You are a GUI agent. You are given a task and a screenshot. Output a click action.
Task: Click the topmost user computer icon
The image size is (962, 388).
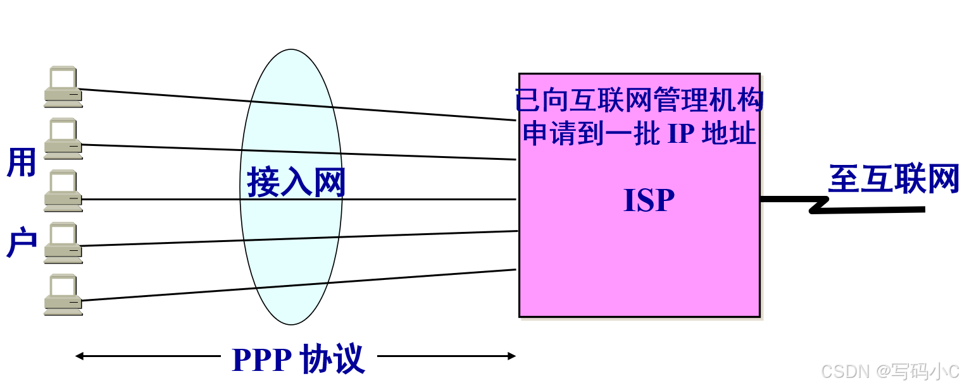point(63,86)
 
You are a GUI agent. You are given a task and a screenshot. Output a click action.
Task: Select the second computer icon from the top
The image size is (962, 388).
point(63,138)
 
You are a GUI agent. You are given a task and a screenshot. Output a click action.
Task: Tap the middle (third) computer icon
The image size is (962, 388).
point(63,190)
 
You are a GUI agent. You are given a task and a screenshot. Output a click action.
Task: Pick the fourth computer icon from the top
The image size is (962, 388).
point(63,243)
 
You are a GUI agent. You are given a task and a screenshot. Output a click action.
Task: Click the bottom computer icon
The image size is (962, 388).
point(63,294)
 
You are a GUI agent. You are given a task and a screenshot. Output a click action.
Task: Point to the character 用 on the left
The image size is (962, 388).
point(21,162)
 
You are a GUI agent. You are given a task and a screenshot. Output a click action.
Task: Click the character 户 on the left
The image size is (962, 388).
point(21,243)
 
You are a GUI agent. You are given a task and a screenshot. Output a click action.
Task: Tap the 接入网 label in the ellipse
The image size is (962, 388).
point(296,183)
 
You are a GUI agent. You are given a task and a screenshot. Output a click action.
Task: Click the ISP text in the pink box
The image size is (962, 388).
point(649,200)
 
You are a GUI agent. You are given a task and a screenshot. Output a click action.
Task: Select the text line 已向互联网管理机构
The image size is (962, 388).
point(639,100)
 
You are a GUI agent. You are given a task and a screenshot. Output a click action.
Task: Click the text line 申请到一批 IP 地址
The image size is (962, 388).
point(639,133)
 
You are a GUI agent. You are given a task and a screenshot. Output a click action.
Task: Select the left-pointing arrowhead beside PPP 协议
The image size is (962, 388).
point(80,356)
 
